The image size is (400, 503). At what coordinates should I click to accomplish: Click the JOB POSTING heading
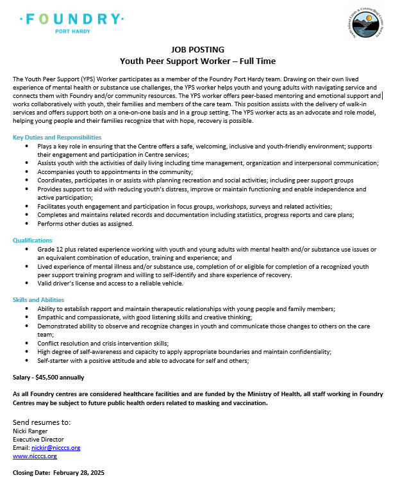[x=198, y=49]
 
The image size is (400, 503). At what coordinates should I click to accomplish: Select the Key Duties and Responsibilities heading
[x=57, y=137]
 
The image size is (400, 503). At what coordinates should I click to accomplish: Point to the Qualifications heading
[x=33, y=240]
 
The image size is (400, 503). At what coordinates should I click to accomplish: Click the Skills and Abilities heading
[x=40, y=299]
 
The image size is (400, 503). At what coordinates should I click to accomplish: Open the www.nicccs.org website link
[x=35, y=456]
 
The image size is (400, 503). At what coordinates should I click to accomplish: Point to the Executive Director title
[x=38, y=440]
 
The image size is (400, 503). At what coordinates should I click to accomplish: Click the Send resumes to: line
[x=42, y=422]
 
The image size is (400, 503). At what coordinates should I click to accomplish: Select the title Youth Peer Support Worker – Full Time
[x=198, y=61]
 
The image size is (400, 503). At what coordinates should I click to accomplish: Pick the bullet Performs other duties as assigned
[x=85, y=223]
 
